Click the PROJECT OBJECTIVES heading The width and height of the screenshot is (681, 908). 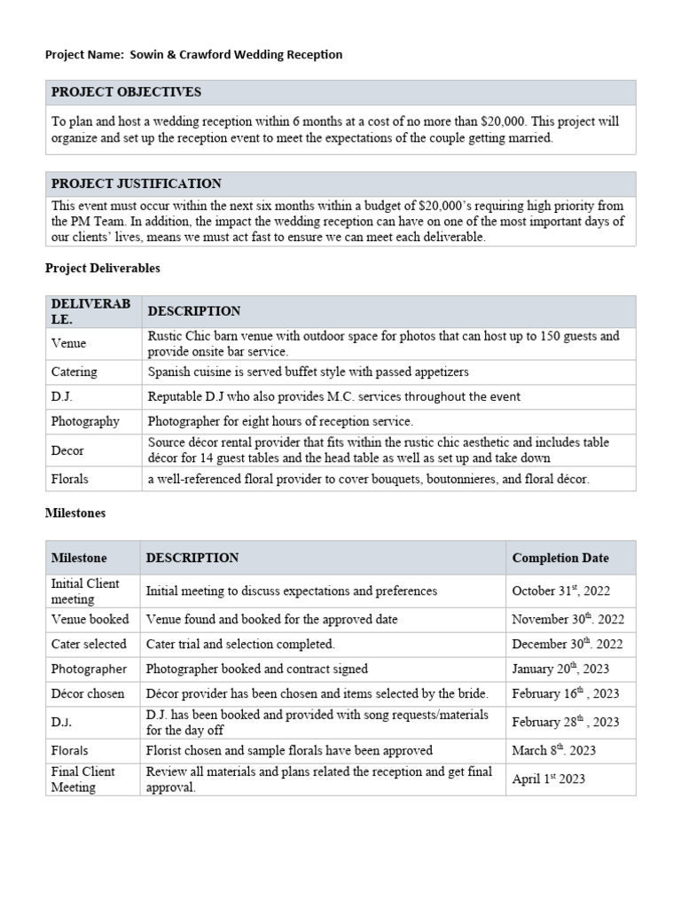click(x=126, y=92)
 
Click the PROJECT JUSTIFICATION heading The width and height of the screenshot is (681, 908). click(x=136, y=184)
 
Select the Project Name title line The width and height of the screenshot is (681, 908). click(x=193, y=55)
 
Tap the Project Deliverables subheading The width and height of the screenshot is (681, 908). click(x=102, y=267)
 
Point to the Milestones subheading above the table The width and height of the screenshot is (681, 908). click(x=75, y=513)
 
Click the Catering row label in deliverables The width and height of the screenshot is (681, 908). click(x=74, y=372)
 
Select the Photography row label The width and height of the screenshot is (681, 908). click(x=85, y=422)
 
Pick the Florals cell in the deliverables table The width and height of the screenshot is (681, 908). click(x=70, y=480)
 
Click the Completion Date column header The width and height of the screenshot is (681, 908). click(x=560, y=559)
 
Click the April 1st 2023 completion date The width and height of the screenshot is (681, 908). click(x=548, y=779)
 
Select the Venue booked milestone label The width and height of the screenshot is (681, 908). click(x=90, y=620)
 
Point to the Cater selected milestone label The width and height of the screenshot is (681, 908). click(x=89, y=645)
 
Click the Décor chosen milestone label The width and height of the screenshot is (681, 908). click(x=88, y=694)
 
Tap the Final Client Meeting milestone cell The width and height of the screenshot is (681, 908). click(x=83, y=779)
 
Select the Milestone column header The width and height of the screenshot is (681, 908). click(x=79, y=559)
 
